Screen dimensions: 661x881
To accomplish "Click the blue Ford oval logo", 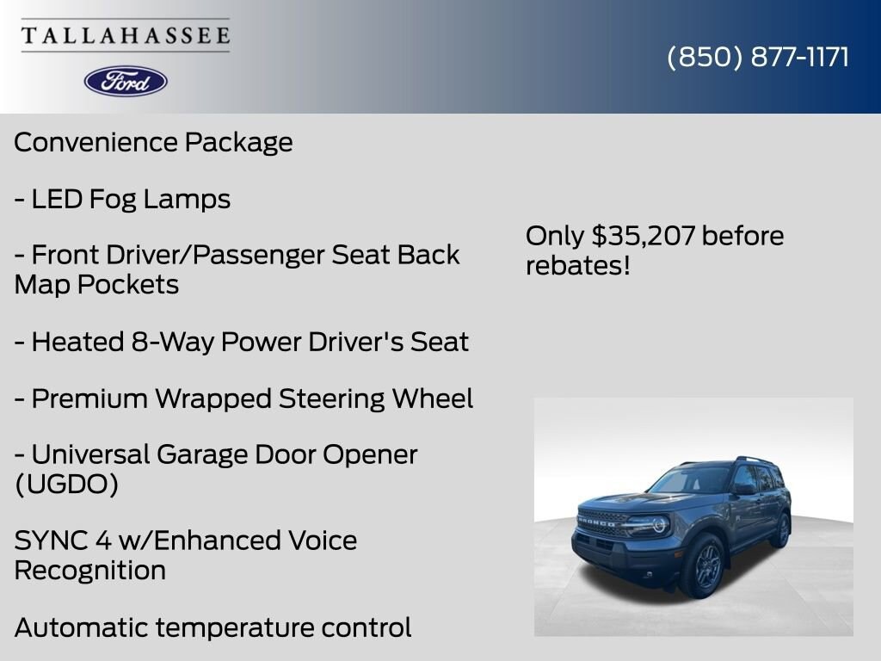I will point(126,81).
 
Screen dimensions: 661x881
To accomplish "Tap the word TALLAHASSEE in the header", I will point(126,36).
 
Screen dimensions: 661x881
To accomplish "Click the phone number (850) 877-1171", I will point(758,57).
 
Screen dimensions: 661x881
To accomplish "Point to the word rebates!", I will point(577,266).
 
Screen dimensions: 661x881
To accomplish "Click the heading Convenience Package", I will point(153,142).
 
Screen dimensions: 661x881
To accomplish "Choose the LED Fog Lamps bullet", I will point(122,199).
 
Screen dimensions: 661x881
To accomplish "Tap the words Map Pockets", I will point(96,285).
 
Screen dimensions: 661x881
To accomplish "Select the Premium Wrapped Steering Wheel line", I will point(243,398).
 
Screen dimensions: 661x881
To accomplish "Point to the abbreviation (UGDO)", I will point(66,485).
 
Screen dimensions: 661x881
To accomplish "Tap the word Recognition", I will point(90,571).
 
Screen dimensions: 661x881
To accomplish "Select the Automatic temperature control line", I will point(213,627).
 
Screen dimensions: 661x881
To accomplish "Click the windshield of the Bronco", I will point(688,479).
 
